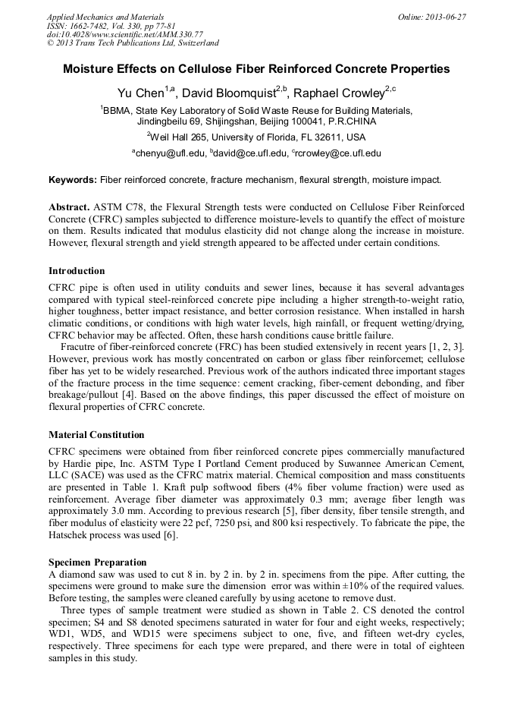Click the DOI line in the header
(x=125, y=34)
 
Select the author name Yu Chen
(x=141, y=93)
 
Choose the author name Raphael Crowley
(x=340, y=93)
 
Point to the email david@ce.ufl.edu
(x=251, y=153)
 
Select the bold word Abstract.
(x=69, y=207)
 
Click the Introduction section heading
(x=77, y=271)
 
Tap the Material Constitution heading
(x=96, y=435)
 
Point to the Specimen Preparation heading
(x=98, y=563)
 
